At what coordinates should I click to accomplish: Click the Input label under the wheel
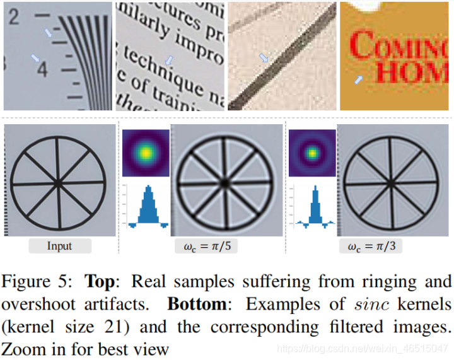click(x=59, y=246)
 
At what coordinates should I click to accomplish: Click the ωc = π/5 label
click(x=206, y=246)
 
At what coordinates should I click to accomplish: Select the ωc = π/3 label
click(x=370, y=246)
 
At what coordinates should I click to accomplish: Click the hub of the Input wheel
click(x=59, y=183)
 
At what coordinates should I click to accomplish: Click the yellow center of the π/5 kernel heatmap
click(x=146, y=153)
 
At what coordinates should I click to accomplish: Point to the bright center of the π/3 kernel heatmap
click(x=311, y=153)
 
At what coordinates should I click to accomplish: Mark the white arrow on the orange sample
click(x=359, y=80)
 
